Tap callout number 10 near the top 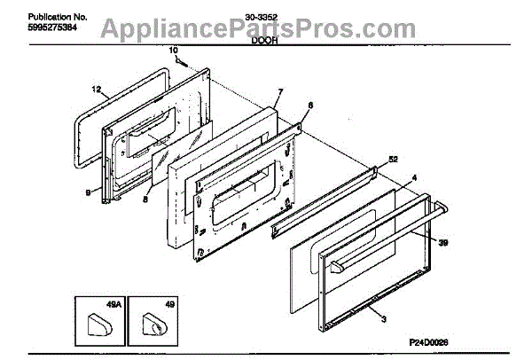click(x=173, y=51)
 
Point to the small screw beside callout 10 click(x=181, y=62)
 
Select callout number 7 click(x=279, y=92)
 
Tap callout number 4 click(x=414, y=177)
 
